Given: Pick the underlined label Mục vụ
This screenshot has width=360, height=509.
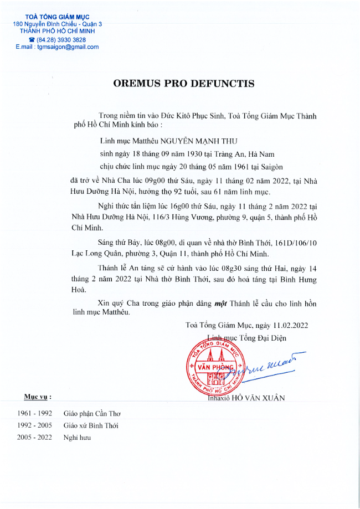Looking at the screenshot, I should tap(38, 397).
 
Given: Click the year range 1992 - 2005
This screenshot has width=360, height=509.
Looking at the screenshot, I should tap(34, 425).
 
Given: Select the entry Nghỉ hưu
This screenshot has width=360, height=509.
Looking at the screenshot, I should tap(77, 438).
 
